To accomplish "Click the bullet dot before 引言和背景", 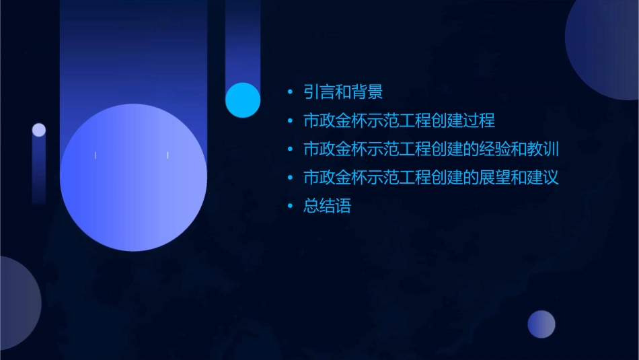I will pos(290,92).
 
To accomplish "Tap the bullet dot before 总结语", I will pos(290,207).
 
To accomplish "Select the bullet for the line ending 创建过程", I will pos(290,121).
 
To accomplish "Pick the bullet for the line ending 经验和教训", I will pos(290,149).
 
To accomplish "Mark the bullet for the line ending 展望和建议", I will pos(290,178).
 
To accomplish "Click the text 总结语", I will pos(328,207).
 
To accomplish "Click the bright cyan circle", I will pos(243,100).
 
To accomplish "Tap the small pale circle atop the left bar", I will pos(39,130).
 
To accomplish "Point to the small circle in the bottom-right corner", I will pos(541,324).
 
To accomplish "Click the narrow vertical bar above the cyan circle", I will pos(242,40).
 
